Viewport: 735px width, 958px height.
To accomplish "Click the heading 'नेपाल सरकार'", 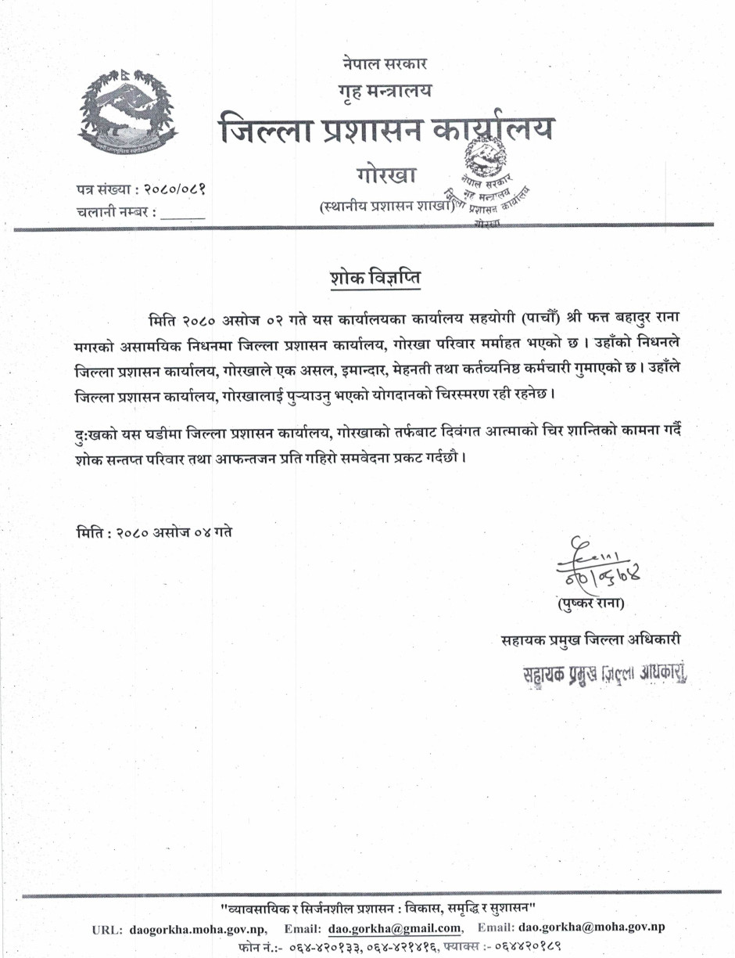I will pos(383,62).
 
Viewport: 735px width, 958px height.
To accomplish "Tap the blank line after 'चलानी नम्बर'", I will pos(183,212).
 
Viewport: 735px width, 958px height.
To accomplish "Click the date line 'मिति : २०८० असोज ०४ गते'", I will pos(154,531).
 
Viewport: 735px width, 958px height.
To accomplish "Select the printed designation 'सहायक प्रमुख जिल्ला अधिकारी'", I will pos(591,639).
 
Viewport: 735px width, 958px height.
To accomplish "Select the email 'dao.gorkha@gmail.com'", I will pos(394,928).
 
